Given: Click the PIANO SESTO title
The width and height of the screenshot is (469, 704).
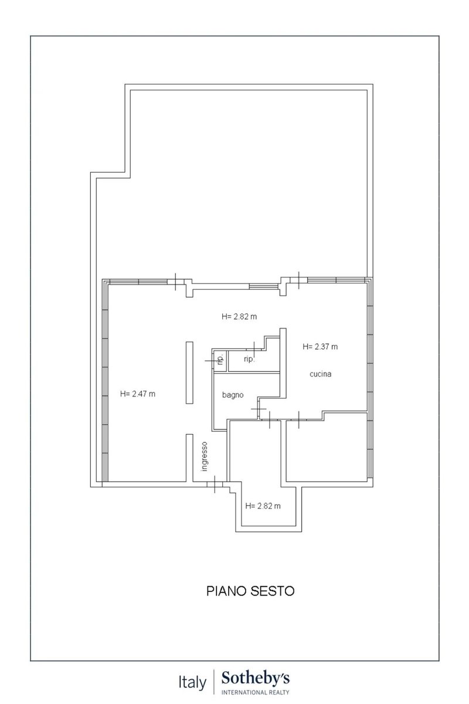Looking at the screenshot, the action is click(250, 591).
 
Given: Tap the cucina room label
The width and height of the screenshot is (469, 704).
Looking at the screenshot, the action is click(320, 374).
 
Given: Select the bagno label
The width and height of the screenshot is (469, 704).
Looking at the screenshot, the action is click(233, 395).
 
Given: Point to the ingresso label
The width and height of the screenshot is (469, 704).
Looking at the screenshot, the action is click(205, 456).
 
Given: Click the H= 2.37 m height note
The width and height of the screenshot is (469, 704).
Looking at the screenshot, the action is click(320, 347).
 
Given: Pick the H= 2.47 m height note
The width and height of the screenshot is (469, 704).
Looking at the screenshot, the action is click(138, 394).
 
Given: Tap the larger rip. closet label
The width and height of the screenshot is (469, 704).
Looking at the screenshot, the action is click(249, 359).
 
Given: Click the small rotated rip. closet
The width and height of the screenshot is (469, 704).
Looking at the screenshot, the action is click(220, 359).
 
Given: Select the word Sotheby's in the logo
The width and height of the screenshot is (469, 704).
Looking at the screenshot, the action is click(256, 679).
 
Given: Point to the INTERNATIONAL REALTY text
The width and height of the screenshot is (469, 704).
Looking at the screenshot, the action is click(256, 692).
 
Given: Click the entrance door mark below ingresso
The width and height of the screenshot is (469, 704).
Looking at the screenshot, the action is click(215, 484).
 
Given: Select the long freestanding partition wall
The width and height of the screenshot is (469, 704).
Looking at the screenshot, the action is click(189, 373).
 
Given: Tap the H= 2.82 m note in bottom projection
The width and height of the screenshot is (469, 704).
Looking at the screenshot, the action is click(263, 506).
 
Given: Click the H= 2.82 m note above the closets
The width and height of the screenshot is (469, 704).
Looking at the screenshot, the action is click(239, 316).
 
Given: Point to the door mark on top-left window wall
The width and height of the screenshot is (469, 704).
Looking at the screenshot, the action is click(176, 282).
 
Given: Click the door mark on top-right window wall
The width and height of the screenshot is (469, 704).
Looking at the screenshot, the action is click(298, 280).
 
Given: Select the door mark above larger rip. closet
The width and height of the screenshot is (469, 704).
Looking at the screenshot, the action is click(254, 349).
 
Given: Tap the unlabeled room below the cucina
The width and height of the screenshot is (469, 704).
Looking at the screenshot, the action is click(327, 448).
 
